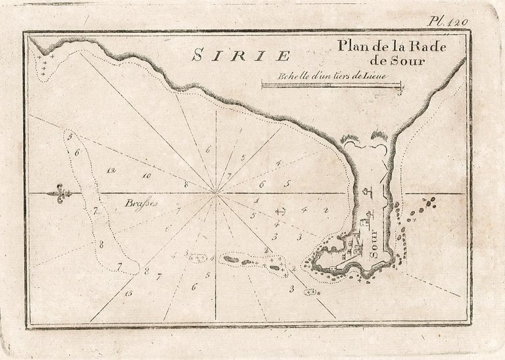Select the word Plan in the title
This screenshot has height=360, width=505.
click(351, 47)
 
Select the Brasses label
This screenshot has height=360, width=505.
click(135, 203)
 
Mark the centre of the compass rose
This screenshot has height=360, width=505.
click(217, 192)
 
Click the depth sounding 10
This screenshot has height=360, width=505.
click(145, 176)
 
